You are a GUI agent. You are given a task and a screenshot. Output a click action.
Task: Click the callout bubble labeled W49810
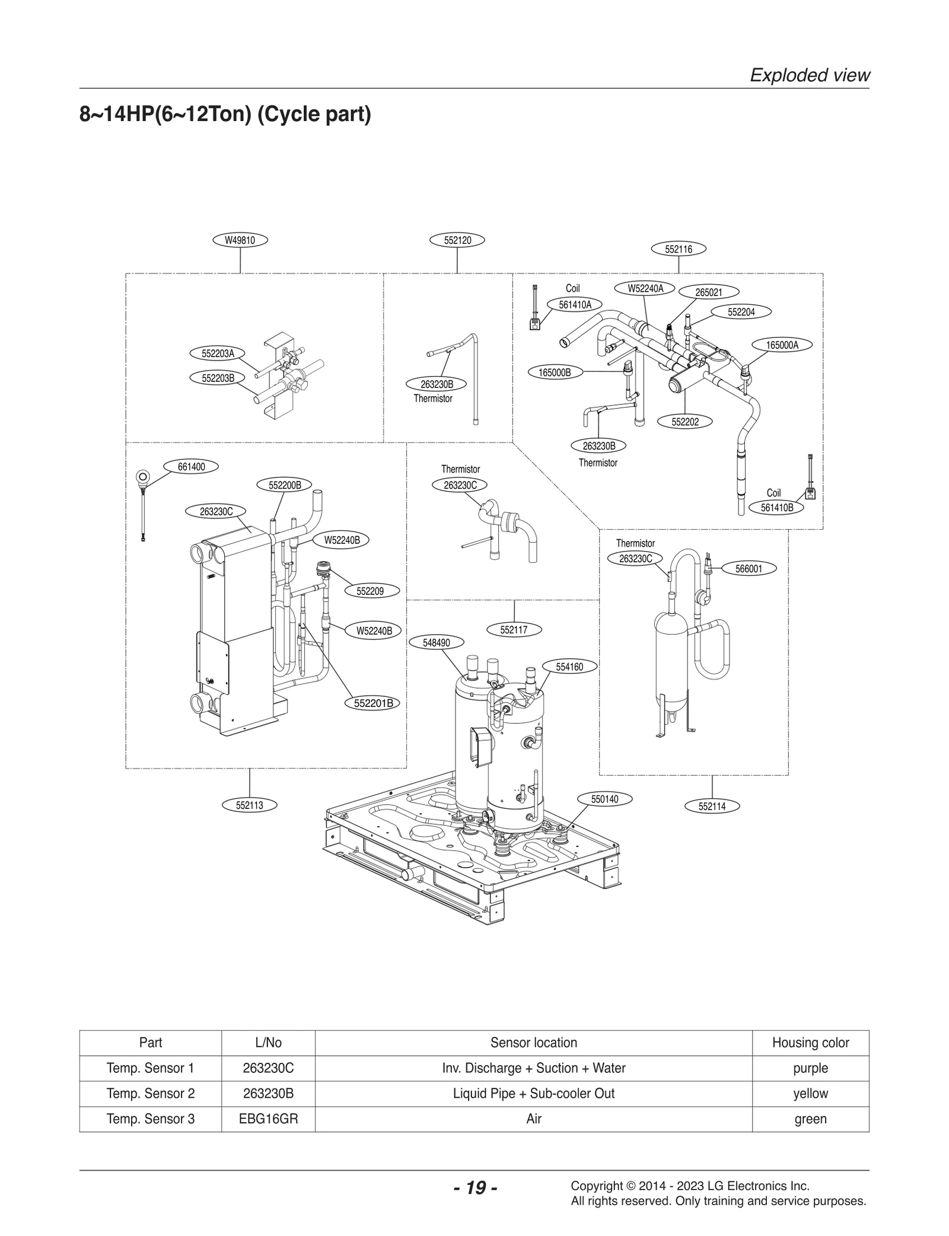point(240,240)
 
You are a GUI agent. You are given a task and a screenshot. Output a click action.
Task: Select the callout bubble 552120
point(457,240)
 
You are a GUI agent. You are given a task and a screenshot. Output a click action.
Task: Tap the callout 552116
point(679,249)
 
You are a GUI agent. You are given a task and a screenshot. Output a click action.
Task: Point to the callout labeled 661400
point(191,467)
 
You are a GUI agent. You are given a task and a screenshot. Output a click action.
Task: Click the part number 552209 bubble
point(370,591)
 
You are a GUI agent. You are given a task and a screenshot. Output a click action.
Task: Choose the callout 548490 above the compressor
point(436,642)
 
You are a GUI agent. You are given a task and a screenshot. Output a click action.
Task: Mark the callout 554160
point(569,667)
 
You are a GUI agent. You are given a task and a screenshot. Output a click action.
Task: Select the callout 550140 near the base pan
point(604,799)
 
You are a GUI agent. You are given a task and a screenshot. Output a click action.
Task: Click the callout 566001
point(749,569)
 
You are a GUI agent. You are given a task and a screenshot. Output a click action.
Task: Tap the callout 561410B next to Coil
point(777,508)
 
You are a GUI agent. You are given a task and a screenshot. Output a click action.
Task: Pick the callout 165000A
point(782,345)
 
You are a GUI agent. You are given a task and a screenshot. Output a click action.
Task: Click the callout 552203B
point(218,377)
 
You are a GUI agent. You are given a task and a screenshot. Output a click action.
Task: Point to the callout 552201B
point(373,703)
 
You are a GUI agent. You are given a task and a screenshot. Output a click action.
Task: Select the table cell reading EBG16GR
point(268,1119)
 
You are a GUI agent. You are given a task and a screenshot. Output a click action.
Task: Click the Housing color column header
point(810,1042)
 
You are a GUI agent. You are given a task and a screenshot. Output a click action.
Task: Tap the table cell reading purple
point(810,1068)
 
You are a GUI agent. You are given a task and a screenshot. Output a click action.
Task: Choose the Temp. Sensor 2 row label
point(150,1093)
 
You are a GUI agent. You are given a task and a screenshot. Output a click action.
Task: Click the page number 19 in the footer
point(474,1187)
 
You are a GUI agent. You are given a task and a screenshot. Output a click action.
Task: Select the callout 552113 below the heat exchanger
point(249,805)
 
